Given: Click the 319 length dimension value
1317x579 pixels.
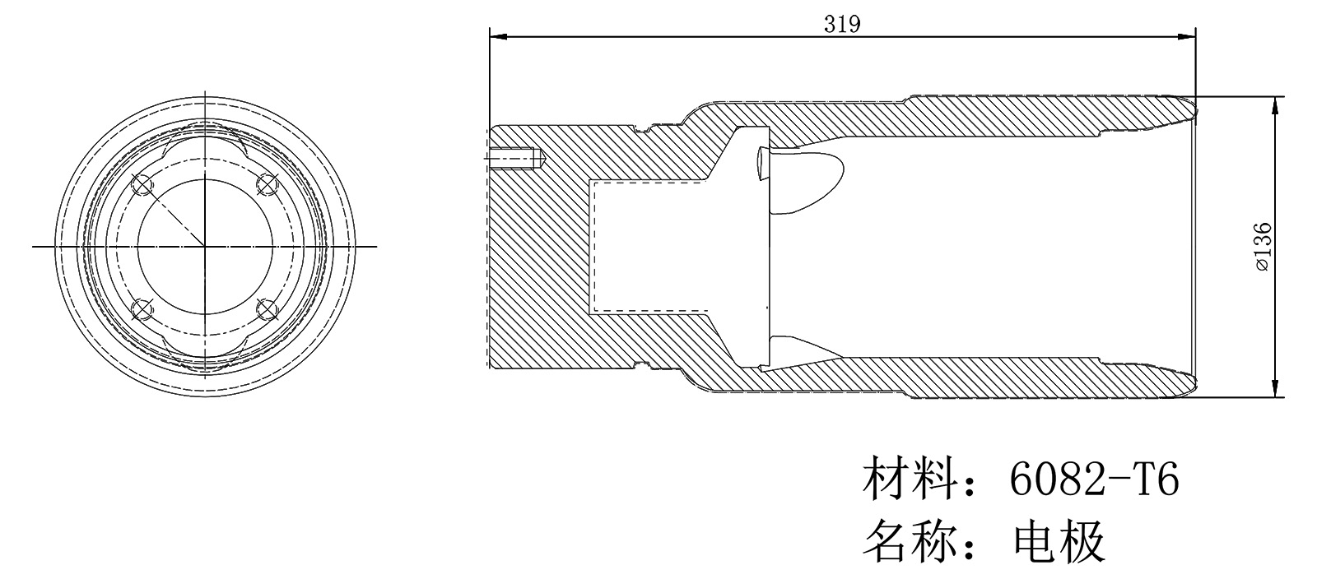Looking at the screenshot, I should click(841, 25).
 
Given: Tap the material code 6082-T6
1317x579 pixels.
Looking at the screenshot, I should click(1094, 479).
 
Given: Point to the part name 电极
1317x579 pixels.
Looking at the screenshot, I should click(1059, 540).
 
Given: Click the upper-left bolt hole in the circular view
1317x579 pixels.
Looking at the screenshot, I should click(141, 185).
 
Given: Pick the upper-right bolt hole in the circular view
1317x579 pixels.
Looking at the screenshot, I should click(266, 183).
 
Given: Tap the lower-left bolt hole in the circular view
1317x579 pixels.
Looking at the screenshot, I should click(141, 309).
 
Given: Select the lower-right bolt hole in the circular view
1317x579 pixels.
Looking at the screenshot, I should click(266, 309).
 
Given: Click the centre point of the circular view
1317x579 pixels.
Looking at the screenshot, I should click(203, 246).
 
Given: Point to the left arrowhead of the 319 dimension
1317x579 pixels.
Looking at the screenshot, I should click(495, 36).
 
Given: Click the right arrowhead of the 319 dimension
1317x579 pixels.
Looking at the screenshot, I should click(1190, 36).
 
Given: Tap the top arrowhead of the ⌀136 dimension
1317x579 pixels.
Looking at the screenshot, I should click(1274, 101).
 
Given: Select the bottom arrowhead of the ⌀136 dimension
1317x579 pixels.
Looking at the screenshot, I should click(1274, 392).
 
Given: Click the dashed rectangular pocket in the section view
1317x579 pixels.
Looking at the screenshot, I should click(650, 247).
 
